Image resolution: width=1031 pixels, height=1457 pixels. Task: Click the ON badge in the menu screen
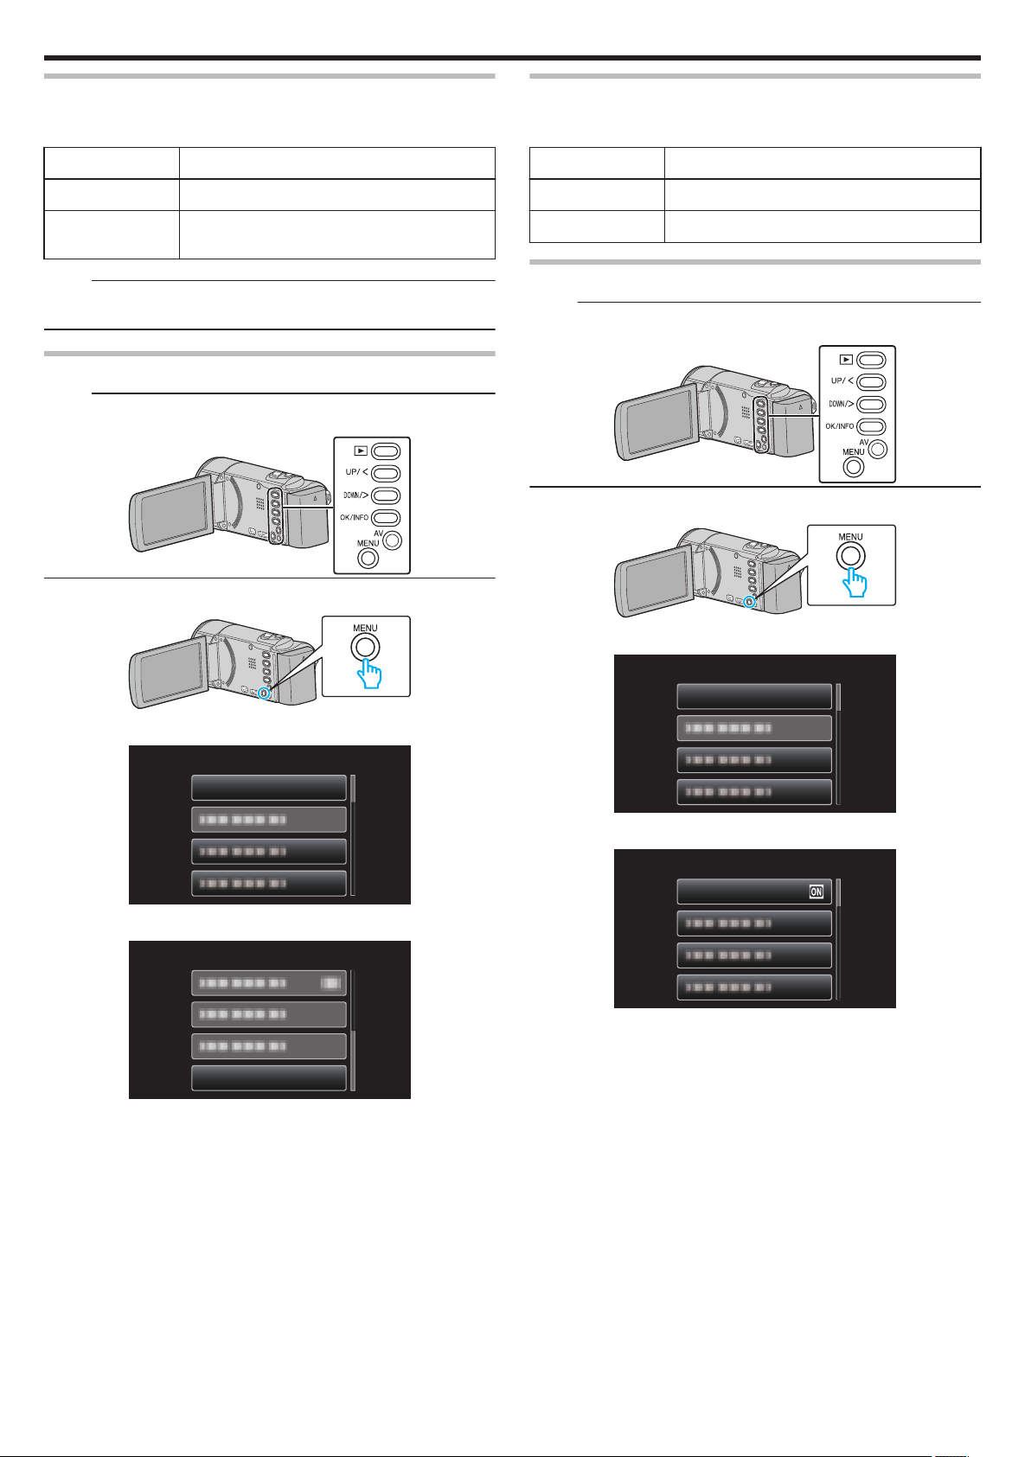pyautogui.click(x=816, y=892)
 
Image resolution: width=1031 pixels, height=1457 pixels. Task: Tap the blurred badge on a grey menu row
pyautogui.click(x=330, y=983)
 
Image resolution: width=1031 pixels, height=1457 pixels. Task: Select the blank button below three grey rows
pyautogui.click(x=268, y=1078)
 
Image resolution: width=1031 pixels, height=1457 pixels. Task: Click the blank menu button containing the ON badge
pyautogui.click(x=753, y=892)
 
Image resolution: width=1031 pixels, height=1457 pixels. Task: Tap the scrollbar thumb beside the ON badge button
pyautogui.click(x=838, y=892)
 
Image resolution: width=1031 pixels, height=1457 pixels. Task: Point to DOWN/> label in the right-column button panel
pyautogui.click(x=840, y=404)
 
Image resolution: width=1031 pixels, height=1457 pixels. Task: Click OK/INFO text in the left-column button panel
pyautogui.click(x=355, y=518)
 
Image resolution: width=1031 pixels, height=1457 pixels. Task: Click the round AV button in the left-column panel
pyautogui.click(x=394, y=540)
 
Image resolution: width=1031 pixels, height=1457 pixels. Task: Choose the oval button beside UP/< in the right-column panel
pyautogui.click(x=872, y=381)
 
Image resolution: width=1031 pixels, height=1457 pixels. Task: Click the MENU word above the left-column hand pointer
pyautogui.click(x=364, y=629)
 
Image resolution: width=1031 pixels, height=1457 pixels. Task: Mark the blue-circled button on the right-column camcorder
pyautogui.click(x=749, y=602)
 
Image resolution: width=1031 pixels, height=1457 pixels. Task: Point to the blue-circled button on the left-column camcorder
pyautogui.click(x=264, y=693)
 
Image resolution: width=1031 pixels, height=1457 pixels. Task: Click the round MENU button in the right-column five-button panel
pyautogui.click(x=854, y=466)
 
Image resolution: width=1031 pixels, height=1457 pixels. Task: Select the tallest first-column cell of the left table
pyautogui.click(x=112, y=234)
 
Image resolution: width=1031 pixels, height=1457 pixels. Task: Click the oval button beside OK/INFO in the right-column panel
pyautogui.click(x=872, y=426)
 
